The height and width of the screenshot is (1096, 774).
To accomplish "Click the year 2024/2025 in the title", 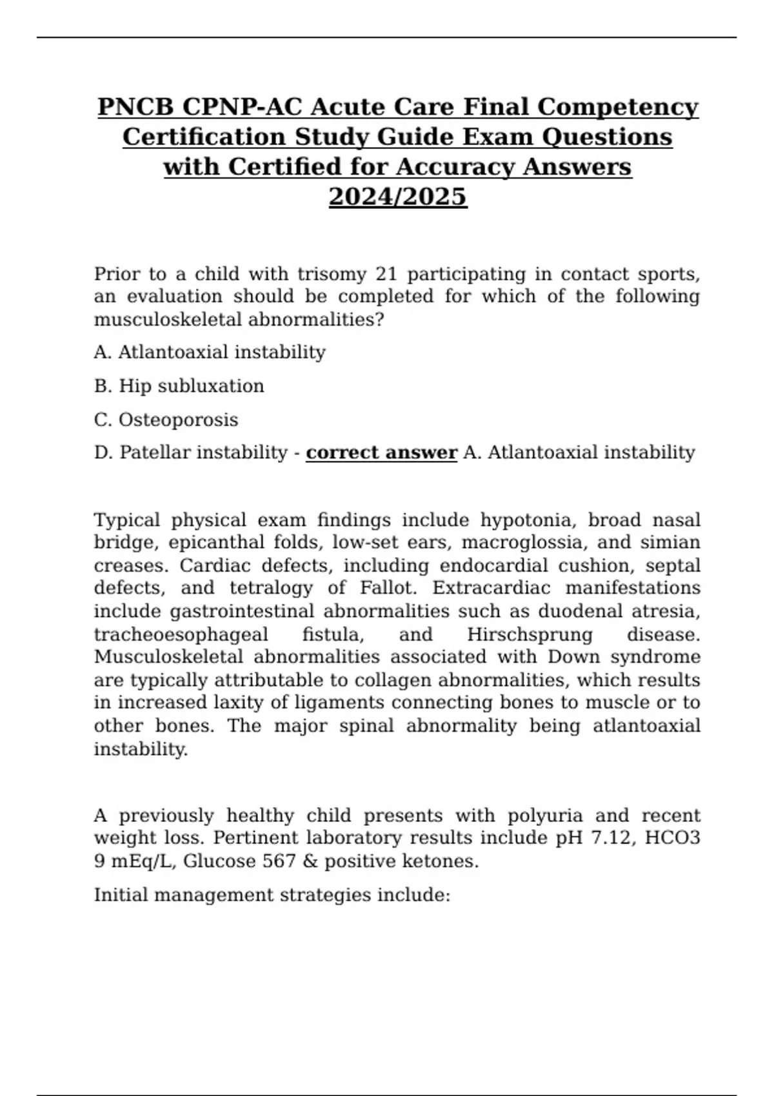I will [x=397, y=197].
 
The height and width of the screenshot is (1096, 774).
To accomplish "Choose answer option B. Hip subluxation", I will [x=179, y=386].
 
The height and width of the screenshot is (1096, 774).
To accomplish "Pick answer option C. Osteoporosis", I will [x=166, y=420].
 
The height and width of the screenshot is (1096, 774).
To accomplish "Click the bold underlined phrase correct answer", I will [x=381, y=453].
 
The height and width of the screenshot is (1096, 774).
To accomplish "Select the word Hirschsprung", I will [x=530, y=634].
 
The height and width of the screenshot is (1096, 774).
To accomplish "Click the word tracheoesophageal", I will [x=181, y=634].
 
